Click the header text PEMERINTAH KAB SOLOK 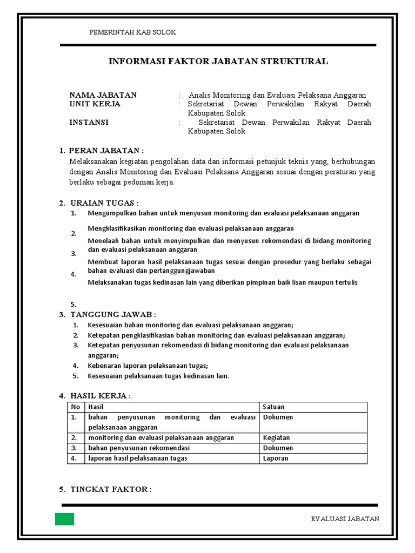pyautogui.click(x=132, y=32)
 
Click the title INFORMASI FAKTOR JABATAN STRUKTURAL pyautogui.click(x=218, y=62)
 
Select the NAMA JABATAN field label pyautogui.click(x=103, y=95)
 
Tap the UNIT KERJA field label pyautogui.click(x=95, y=104)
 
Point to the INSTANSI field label pyautogui.click(x=89, y=123)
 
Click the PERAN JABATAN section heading pyautogui.click(x=106, y=150)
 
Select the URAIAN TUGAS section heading pyautogui.click(x=104, y=203)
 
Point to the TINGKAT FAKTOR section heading pyautogui.click(x=110, y=489)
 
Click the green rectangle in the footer pyautogui.click(x=64, y=519)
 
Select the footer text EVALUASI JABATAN pyautogui.click(x=345, y=519)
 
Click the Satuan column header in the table pyautogui.click(x=273, y=407)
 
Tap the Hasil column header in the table pyautogui.click(x=96, y=407)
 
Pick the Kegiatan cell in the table pyautogui.click(x=276, y=438)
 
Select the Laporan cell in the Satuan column pyautogui.click(x=276, y=458)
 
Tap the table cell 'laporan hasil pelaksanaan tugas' pyautogui.click(x=138, y=458)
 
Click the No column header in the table pyautogui.click(x=76, y=407)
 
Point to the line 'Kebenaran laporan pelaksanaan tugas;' pyautogui.click(x=148, y=366)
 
